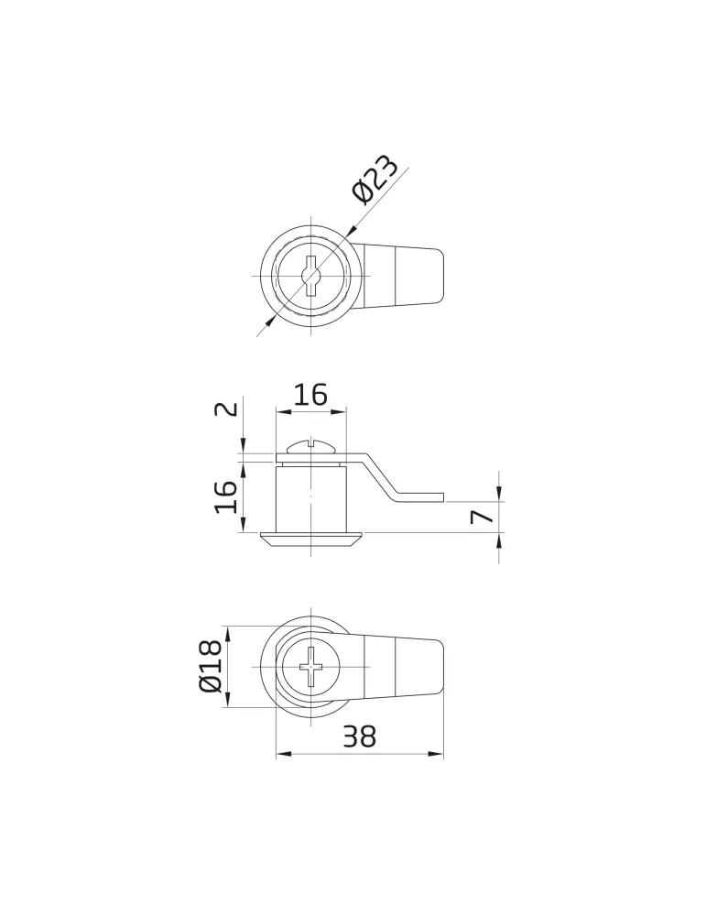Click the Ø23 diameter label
(x=375, y=180)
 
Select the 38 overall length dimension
(x=359, y=736)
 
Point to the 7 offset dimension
(x=482, y=517)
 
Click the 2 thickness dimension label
(x=227, y=409)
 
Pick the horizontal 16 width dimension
(x=310, y=396)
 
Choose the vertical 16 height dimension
(x=226, y=496)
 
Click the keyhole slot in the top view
(x=310, y=277)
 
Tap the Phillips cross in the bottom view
(x=310, y=667)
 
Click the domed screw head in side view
(x=310, y=447)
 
